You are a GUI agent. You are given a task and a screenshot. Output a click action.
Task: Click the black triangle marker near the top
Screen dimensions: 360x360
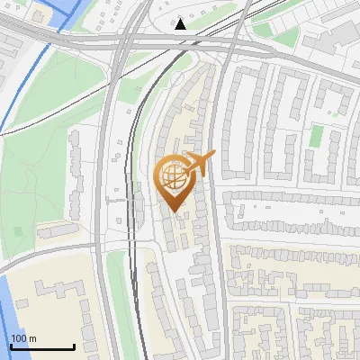pyautogui.click(x=181, y=23)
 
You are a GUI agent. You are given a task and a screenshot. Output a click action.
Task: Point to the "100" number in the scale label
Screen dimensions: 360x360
pyautogui.click(x=19, y=338)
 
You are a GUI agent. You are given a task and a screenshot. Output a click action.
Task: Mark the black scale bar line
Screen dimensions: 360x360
pyautogui.click(x=42, y=346)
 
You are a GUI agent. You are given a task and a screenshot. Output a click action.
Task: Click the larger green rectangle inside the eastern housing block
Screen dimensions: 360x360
pyautogui.click(x=317, y=136)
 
